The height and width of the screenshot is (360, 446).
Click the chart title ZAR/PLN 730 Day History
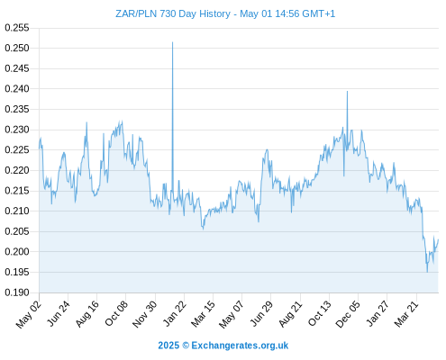pyautogui.click(x=173, y=13)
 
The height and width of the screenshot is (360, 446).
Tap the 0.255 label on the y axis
pyautogui.click(x=17, y=28)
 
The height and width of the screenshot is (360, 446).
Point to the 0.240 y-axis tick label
pyautogui.click(x=17, y=89)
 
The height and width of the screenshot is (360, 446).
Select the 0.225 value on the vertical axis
pyautogui.click(x=17, y=150)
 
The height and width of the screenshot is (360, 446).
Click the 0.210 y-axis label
pyautogui.click(x=17, y=211)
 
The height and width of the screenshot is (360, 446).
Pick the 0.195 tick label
pyautogui.click(x=17, y=272)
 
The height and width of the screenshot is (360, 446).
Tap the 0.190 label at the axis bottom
pyautogui.click(x=17, y=292)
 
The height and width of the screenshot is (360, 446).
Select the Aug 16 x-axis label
pyautogui.click(x=86, y=313)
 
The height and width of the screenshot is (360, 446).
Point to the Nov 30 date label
pyautogui.click(x=144, y=313)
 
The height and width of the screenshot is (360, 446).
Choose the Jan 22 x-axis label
pyautogui.click(x=174, y=313)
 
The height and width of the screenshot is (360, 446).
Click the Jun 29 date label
pyautogui.click(x=261, y=313)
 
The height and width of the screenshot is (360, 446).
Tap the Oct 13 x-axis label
pyautogui.click(x=320, y=313)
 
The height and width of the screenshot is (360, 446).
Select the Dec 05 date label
pyautogui.click(x=348, y=313)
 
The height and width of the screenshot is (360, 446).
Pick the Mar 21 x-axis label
pyautogui.click(x=406, y=313)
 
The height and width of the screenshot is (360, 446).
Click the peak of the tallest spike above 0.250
pyautogui.click(x=172, y=42)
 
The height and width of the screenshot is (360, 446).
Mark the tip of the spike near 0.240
pyautogui.click(x=347, y=91)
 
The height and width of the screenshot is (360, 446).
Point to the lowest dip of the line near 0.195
pyautogui.click(x=427, y=272)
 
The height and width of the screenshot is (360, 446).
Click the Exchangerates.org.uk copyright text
pyautogui.click(x=223, y=346)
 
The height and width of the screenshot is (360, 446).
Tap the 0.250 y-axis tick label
pyautogui.click(x=17, y=48)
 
